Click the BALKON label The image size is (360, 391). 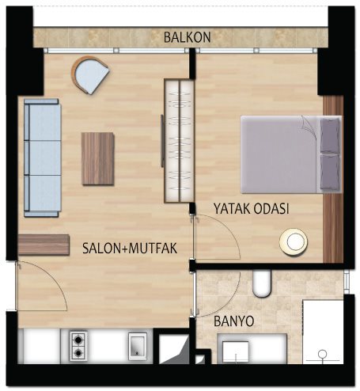(x=187, y=37)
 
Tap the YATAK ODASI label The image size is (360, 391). (x=251, y=209)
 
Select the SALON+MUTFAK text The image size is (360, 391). (x=130, y=249)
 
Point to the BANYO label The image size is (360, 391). (x=234, y=321)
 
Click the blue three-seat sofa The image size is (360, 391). (x=43, y=158)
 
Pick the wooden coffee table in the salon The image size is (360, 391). (x=98, y=158)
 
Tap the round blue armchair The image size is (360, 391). (x=90, y=75)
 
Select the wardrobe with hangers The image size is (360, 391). (x=179, y=141)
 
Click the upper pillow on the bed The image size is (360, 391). (x=330, y=135)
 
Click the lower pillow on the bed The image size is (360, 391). (x=330, y=172)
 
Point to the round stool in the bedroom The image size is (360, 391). (x=294, y=241)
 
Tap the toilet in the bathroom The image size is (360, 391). (x=262, y=284)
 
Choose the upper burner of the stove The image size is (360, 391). (x=78, y=340)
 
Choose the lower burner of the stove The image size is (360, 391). (x=78, y=353)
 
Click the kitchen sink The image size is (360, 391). (x=138, y=347)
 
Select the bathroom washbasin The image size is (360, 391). (x=235, y=352)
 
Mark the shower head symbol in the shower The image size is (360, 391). (x=323, y=354)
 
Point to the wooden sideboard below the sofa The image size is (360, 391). (x=44, y=245)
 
